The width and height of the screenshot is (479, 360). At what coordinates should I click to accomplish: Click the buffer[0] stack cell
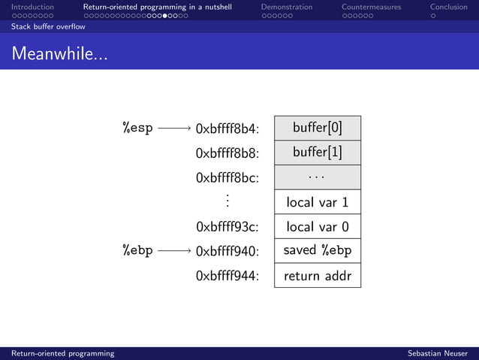(x=317, y=128)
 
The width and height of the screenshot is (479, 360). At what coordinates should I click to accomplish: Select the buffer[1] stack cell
(x=317, y=153)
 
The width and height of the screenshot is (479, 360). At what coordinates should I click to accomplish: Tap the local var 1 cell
(x=317, y=202)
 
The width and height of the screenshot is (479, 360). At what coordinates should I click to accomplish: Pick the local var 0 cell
(x=317, y=227)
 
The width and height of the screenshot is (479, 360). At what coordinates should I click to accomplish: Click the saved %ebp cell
(x=317, y=251)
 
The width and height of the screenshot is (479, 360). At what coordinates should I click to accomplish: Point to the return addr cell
(x=317, y=276)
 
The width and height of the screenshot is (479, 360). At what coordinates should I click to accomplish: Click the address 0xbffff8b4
(x=227, y=129)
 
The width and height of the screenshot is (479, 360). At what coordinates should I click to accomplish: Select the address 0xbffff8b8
(x=227, y=153)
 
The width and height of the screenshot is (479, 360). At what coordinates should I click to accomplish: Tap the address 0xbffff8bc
(x=227, y=178)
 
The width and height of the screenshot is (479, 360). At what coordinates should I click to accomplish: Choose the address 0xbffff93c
(x=227, y=227)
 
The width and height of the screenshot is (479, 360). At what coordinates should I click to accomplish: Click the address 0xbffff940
(x=227, y=252)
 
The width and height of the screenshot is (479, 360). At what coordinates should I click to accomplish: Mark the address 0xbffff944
(x=227, y=277)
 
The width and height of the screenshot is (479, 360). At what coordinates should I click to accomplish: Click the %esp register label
(x=137, y=128)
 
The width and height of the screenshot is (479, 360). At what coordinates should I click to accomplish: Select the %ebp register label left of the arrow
(x=137, y=251)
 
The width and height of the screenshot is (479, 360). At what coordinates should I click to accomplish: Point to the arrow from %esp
(x=174, y=129)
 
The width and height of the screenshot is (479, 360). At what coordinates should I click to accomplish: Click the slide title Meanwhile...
(x=59, y=53)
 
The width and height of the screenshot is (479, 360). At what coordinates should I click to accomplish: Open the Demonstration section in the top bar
(x=286, y=8)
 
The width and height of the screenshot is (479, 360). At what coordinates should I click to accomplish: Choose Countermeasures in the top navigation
(x=371, y=8)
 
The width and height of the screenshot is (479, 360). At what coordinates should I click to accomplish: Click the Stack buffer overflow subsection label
(x=48, y=26)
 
